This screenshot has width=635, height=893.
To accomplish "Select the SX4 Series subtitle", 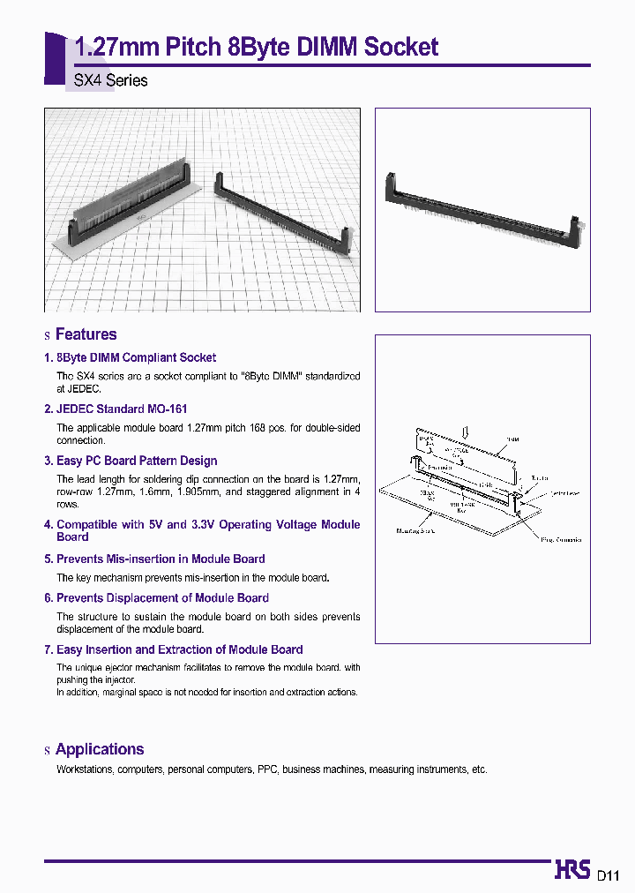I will coord(110,80).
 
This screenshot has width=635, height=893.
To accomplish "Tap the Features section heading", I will coord(86,334).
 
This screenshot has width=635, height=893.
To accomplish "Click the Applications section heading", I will coord(99,749).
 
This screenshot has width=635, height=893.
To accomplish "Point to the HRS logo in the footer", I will coord(572,870).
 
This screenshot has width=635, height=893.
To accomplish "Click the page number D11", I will coord(609,875).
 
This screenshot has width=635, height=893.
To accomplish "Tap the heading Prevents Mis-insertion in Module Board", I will coord(161,559).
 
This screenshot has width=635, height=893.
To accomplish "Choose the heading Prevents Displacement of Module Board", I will coord(162,597).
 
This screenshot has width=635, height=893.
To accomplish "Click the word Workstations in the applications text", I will coord(84,769).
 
